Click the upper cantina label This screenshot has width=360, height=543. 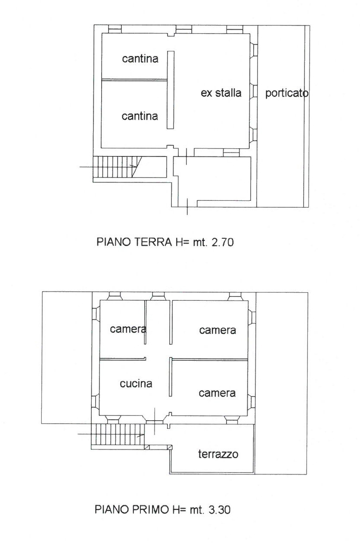point(140,59)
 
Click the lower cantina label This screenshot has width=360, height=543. point(140,116)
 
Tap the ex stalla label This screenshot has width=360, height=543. point(221,93)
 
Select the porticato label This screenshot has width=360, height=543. point(287,93)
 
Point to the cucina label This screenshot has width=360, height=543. point(136,384)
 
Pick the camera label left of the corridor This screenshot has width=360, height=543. point(128,329)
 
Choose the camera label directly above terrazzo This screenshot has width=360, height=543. point(217,393)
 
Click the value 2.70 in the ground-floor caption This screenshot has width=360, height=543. point(222,242)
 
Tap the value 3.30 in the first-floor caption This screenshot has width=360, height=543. point(219,510)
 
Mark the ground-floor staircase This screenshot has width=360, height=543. point(118,167)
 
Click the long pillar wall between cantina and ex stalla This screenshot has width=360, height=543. point(171,90)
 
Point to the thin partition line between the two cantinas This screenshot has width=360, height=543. point(134,79)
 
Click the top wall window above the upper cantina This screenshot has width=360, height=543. point(115,29)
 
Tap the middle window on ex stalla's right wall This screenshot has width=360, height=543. point(253,92)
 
